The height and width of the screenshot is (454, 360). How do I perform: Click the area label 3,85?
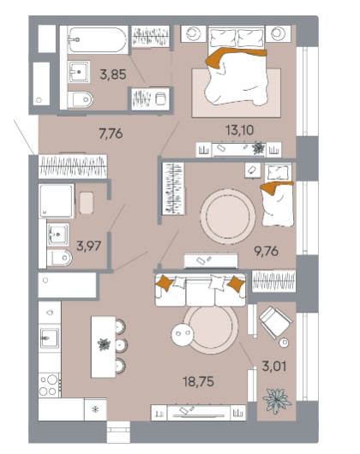tap(113, 75)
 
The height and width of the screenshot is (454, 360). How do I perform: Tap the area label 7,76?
tap(111, 134)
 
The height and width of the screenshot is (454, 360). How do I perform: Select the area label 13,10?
tap(239, 130)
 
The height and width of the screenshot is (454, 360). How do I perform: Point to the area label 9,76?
tap(266, 251)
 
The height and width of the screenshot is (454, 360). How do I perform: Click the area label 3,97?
tap(88, 246)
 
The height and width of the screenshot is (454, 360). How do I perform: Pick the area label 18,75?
tap(198, 381)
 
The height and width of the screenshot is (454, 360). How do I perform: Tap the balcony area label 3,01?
tap(274, 367)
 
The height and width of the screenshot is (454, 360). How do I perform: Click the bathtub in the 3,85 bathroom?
tap(98, 40)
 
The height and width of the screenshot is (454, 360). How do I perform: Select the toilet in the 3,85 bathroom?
tap(81, 99)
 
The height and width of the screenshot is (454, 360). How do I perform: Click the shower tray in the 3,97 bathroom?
tap(57, 201)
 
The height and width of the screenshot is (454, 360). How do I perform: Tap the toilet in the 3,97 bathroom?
tap(59, 258)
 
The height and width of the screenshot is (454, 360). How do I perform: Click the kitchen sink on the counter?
tap(49, 338)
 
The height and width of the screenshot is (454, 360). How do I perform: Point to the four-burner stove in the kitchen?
tap(50, 385)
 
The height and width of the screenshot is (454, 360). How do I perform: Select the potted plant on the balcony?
tap(276, 400)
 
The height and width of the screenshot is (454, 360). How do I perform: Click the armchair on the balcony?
tap(275, 321)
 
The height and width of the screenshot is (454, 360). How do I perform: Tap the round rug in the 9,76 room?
tap(228, 217)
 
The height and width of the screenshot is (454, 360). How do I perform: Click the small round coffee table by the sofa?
tap(183, 334)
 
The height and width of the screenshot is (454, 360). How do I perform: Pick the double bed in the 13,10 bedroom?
tap(237, 65)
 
